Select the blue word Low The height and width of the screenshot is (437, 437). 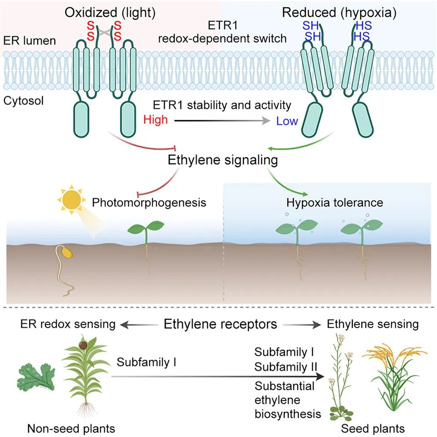(x=287, y=121)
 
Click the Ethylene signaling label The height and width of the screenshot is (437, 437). (x=223, y=160)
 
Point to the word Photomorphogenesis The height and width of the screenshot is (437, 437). (x=149, y=203)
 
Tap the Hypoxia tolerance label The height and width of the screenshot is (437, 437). (x=335, y=203)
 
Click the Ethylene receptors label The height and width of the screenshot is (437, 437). (x=220, y=325)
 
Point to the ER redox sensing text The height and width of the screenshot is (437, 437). (x=68, y=325)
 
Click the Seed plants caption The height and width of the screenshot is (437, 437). (x=373, y=428)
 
